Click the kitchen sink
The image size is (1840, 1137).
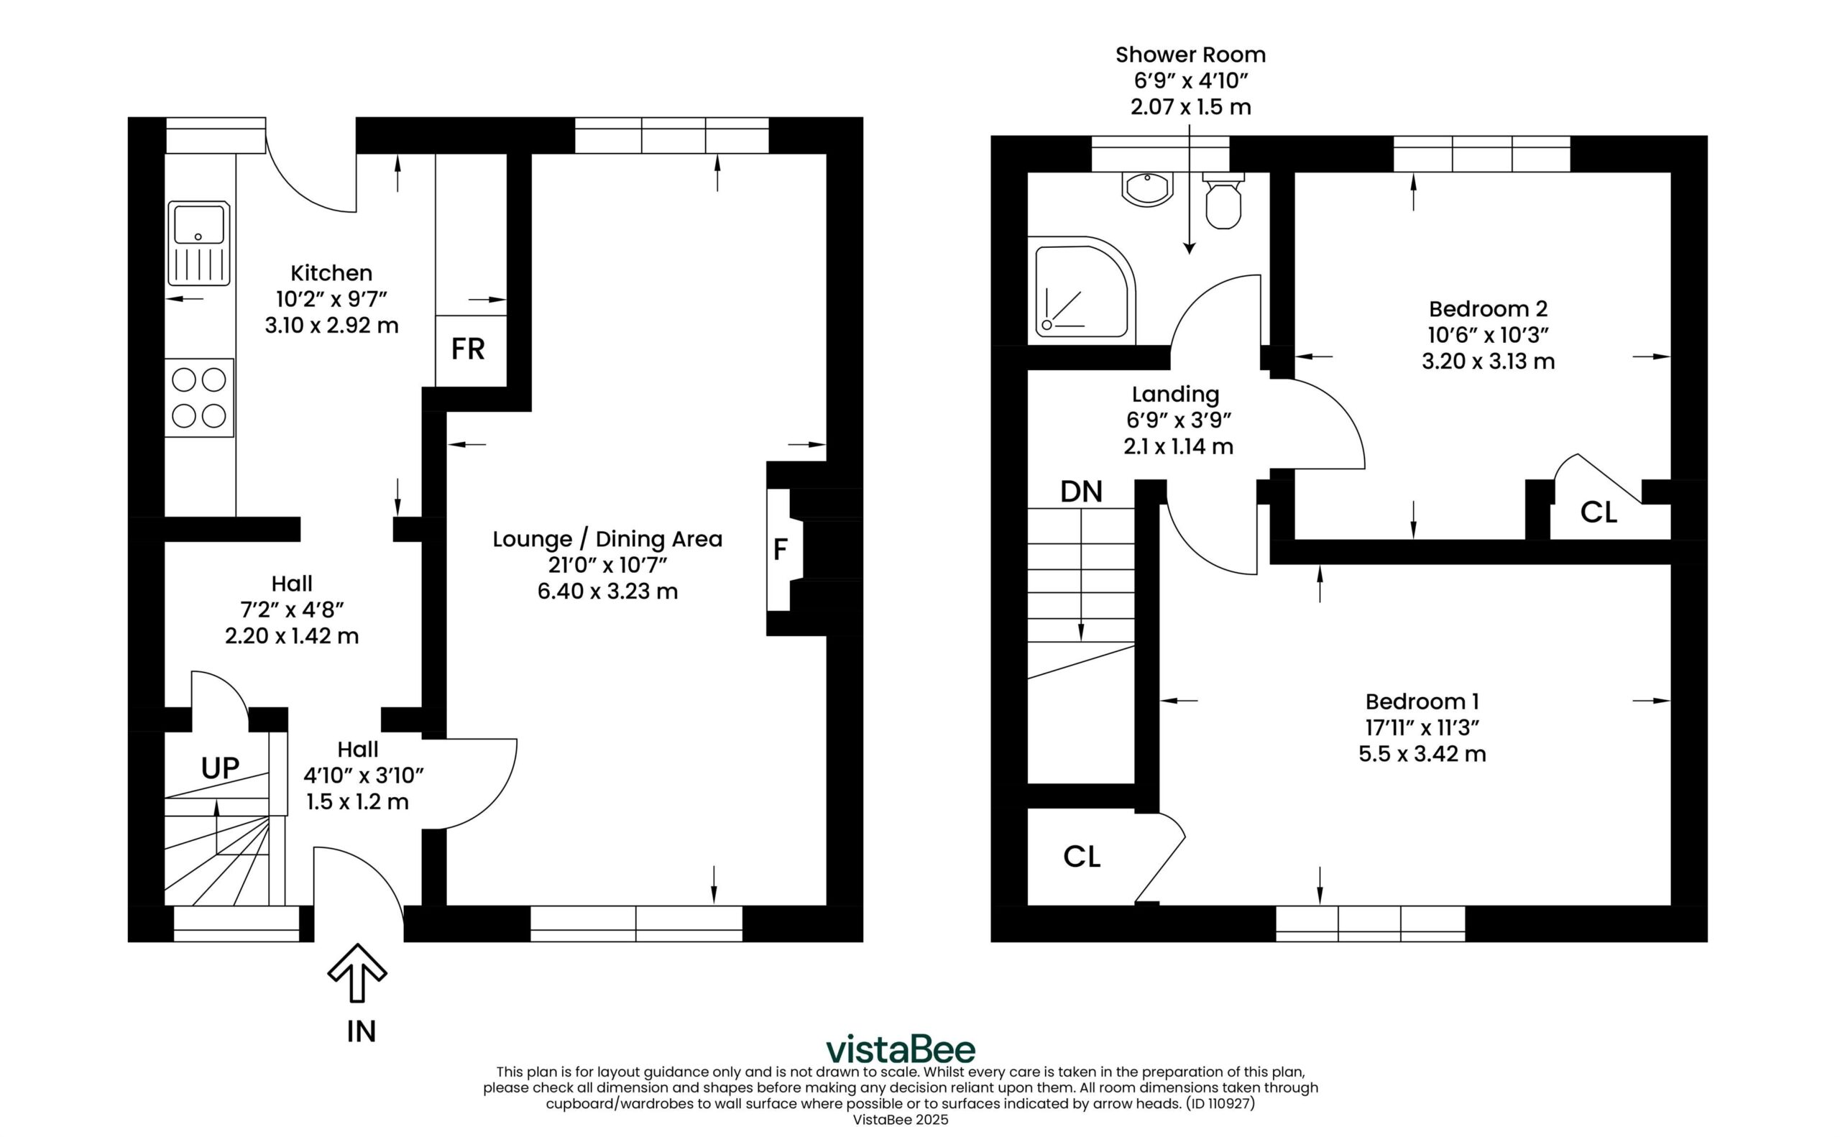pyautogui.click(x=198, y=243)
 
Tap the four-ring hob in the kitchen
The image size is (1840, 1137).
pyautogui.click(x=198, y=397)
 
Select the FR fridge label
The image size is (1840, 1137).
pyautogui.click(x=468, y=349)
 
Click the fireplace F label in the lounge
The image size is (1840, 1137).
pyautogui.click(x=780, y=550)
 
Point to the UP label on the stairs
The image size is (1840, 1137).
pyautogui.click(x=221, y=768)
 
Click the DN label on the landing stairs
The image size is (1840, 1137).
pyautogui.click(x=1081, y=492)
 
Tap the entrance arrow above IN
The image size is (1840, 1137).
pyautogui.click(x=357, y=973)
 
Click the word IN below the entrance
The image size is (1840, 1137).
pyautogui.click(x=361, y=1032)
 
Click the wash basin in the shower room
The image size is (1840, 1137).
pyautogui.click(x=1146, y=189)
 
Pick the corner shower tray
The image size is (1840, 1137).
pyautogui.click(x=1081, y=290)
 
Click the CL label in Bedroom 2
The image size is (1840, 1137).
pyautogui.click(x=1598, y=513)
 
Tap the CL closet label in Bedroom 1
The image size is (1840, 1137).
pyautogui.click(x=1082, y=857)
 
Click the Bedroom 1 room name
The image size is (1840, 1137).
pyautogui.click(x=1422, y=701)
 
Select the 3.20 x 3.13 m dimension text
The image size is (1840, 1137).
pyautogui.click(x=1488, y=361)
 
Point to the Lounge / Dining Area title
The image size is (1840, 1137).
pyautogui.click(x=607, y=539)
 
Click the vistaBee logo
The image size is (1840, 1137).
pyautogui.click(x=901, y=1049)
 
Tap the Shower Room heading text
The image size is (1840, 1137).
pyautogui.click(x=1190, y=55)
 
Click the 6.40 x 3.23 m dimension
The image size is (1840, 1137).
pyautogui.click(x=607, y=591)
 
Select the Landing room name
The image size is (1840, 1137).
pyautogui.click(x=1175, y=395)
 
